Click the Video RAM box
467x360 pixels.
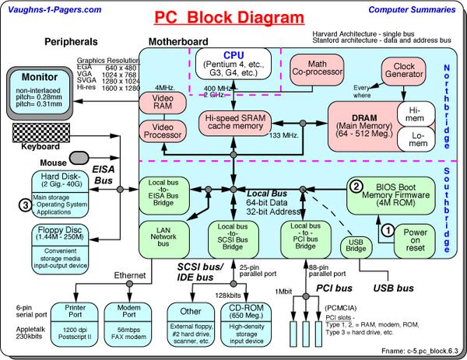pos(159,103)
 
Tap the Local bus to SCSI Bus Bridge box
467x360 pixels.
pos(232,239)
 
